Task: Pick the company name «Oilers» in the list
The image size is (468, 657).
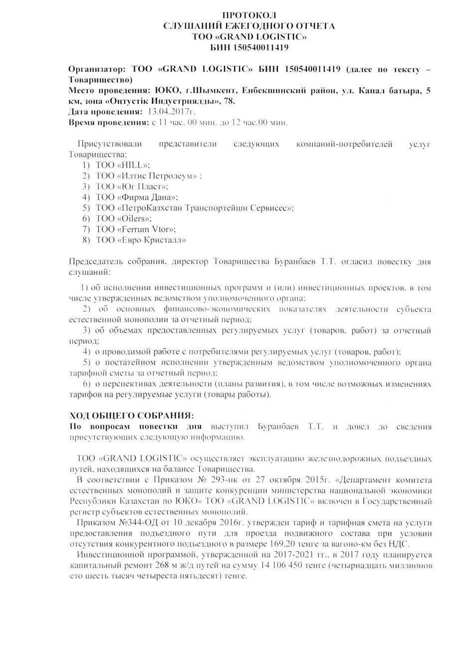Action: pos(134,219)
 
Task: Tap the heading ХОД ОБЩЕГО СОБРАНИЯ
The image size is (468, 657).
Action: pos(131,416)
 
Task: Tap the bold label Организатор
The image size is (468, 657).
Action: pos(97,69)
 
